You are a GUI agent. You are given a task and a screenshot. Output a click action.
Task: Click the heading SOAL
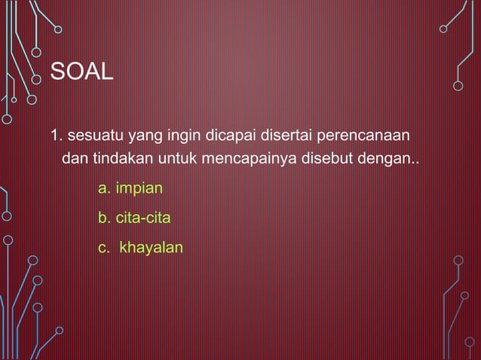(81, 73)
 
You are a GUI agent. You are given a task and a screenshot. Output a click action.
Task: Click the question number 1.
(55, 136)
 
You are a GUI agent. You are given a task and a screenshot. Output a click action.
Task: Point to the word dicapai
(224, 136)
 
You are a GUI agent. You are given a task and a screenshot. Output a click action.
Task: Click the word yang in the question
(141, 138)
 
